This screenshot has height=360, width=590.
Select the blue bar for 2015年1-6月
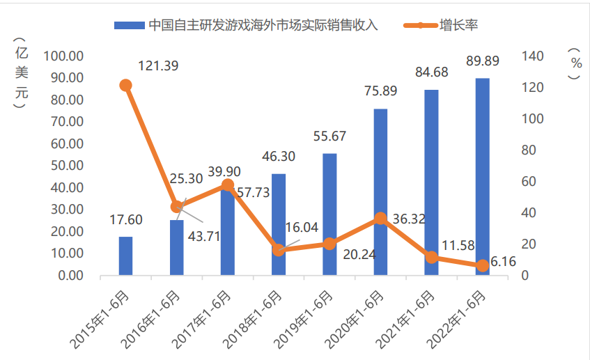point(125,256)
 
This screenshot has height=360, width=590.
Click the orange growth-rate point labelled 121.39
point(125,86)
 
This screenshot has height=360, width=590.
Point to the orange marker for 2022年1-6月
point(482,266)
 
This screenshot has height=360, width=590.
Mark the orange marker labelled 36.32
point(380,219)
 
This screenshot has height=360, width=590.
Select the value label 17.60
point(125,220)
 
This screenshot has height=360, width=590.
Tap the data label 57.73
point(253,192)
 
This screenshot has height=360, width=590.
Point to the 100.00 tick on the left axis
point(64,56)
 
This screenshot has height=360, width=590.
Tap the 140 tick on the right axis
point(532,56)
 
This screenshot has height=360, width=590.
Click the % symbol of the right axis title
point(575,63)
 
